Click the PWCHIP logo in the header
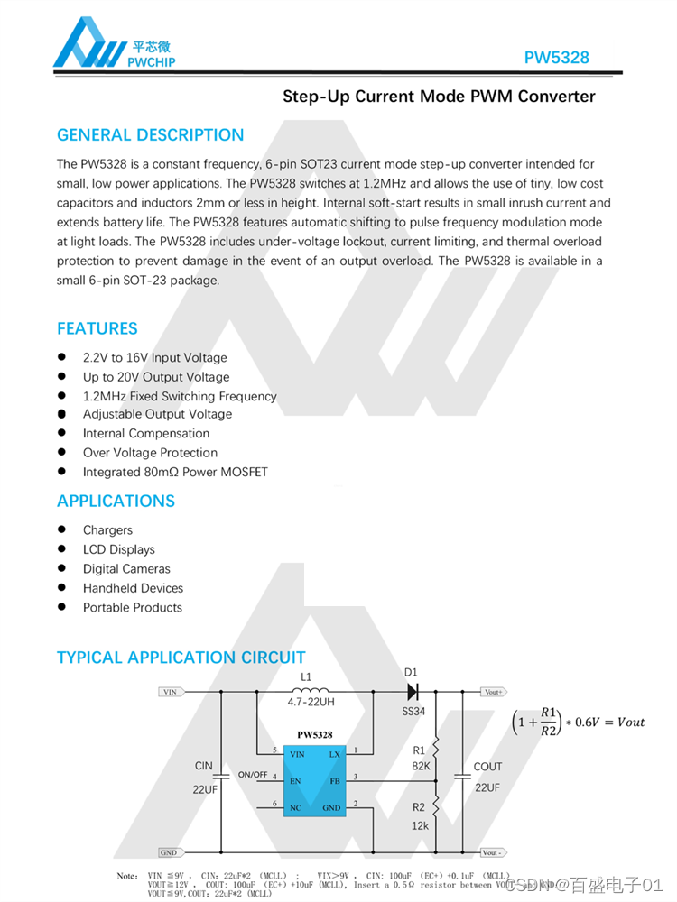click(114, 44)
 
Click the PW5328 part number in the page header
click(557, 58)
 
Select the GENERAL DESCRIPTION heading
click(150, 135)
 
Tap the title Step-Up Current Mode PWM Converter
click(439, 97)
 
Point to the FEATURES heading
click(97, 328)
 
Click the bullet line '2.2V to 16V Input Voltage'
click(154, 358)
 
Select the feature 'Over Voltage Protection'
click(150, 453)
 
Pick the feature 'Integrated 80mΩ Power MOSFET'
click(175, 472)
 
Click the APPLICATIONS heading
click(116, 501)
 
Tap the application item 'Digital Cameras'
click(126, 569)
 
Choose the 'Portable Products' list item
click(133, 608)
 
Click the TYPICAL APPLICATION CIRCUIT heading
click(181, 658)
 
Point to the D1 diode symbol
click(413, 692)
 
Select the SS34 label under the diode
click(413, 712)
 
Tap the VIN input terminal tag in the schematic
click(171, 692)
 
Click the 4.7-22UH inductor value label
click(311, 700)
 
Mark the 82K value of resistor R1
click(421, 767)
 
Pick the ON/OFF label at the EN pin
click(253, 775)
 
